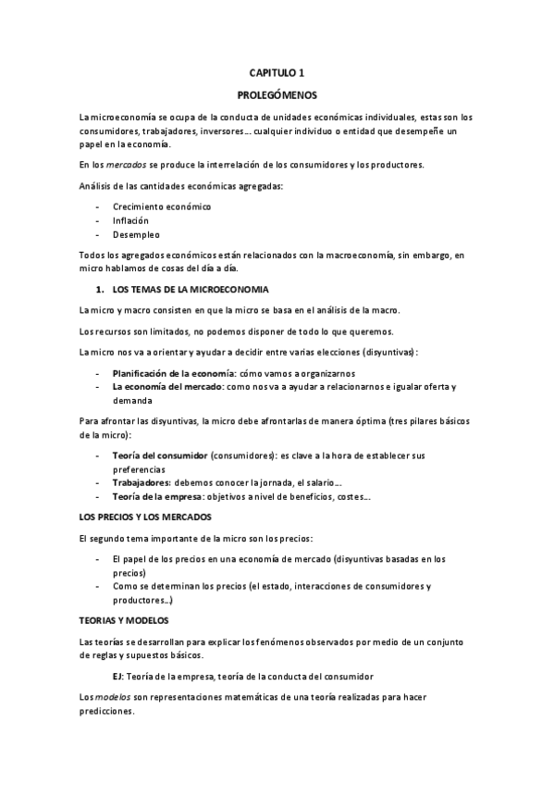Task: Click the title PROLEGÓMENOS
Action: [277, 94]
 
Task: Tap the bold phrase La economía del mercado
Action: [162, 386]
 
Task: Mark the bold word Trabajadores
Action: [142, 483]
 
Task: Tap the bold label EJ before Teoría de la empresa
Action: [117, 678]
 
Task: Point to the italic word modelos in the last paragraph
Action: [113, 696]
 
